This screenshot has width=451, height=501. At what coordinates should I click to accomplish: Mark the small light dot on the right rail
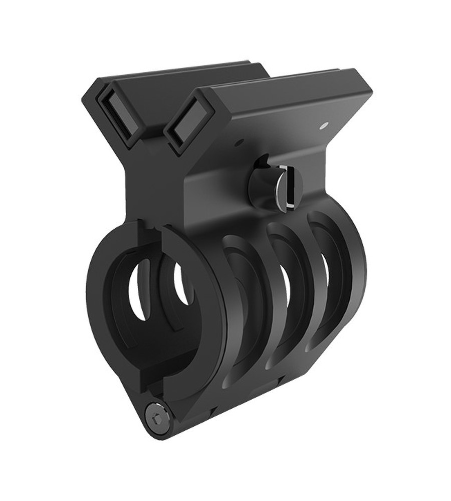tap(325, 122)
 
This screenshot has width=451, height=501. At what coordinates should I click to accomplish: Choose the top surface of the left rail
tap(175, 75)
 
